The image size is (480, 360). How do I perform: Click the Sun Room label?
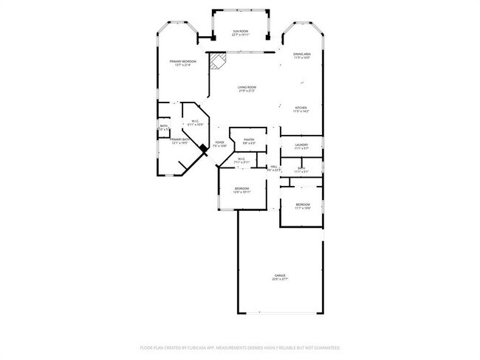coord(240,32)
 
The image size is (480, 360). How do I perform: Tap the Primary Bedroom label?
coord(182,61)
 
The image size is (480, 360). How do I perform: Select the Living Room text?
coord(247,88)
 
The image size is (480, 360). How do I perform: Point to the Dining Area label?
coord(301,54)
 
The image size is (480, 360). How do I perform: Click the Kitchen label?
coord(301,108)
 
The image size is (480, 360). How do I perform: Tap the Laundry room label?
coord(301,145)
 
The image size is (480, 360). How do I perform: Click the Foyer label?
coord(219,142)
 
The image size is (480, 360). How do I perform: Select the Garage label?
coord(280,275)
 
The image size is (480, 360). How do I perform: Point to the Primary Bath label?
coord(181,139)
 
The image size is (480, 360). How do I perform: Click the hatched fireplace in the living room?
coord(216,60)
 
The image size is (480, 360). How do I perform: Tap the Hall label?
coord(274,167)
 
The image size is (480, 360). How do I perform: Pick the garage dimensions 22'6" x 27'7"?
coord(280,280)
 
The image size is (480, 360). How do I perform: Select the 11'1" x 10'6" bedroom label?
coord(302,204)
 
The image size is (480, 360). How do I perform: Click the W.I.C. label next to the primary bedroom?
coord(194,122)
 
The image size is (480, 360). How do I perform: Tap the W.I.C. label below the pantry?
coord(241,159)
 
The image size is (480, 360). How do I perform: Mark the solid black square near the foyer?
coord(203,148)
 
